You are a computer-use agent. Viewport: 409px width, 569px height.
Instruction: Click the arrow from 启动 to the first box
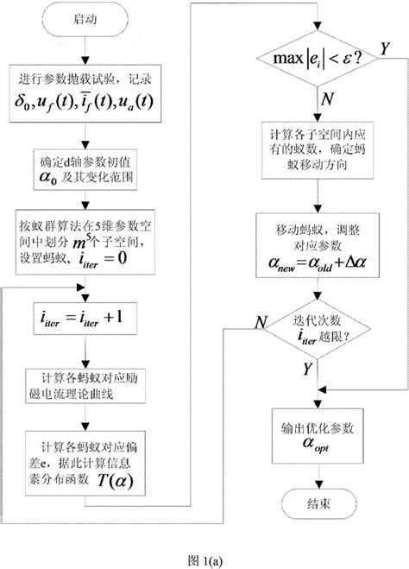(85, 50)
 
